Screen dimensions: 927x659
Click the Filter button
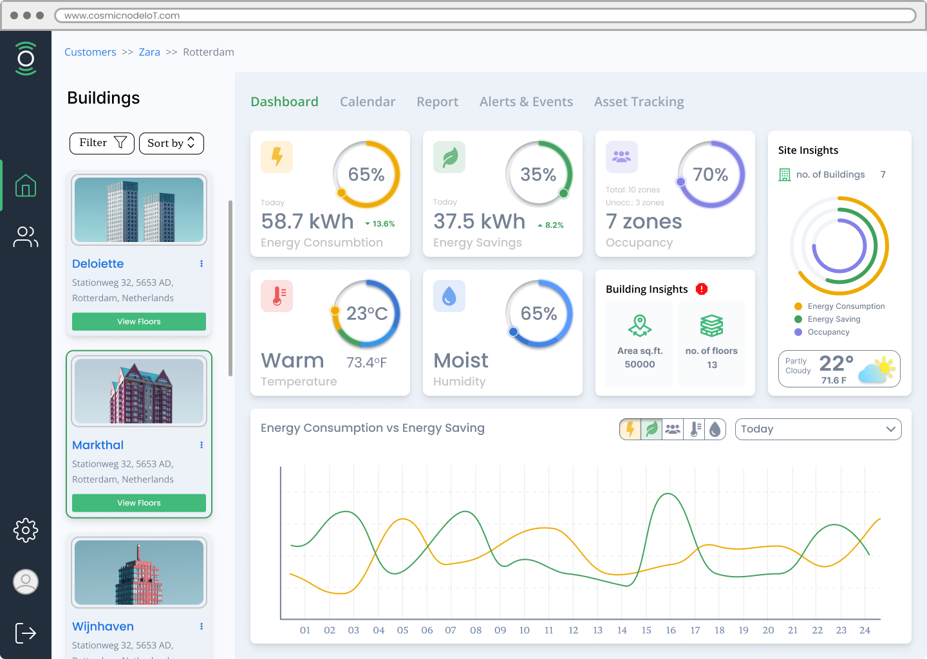tap(102, 143)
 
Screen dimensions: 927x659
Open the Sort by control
tap(171, 143)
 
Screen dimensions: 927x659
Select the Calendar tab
tap(368, 102)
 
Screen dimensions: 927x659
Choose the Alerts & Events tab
tap(526, 102)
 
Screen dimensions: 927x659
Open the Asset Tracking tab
tap(639, 102)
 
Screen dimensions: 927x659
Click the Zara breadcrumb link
tap(149, 52)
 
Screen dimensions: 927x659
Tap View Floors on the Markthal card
tap(139, 503)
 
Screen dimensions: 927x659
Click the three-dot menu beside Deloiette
tap(201, 263)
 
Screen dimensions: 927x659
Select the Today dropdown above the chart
tap(818, 429)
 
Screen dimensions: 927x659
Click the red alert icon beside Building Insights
tap(702, 289)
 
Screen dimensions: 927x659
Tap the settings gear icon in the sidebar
tap(26, 530)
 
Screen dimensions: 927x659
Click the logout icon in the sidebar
tap(26, 633)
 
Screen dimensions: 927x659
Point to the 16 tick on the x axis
tap(670, 630)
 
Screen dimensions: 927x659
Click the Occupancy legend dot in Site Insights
tap(798, 332)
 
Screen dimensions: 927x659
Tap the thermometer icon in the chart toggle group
tap(695, 429)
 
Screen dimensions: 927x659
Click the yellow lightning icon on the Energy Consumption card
tap(277, 157)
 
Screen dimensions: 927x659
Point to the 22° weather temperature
tap(836, 363)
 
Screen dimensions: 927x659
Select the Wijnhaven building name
tap(103, 626)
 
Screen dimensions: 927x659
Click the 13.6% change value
tap(384, 224)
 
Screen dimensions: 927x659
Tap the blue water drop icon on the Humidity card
tap(449, 296)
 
